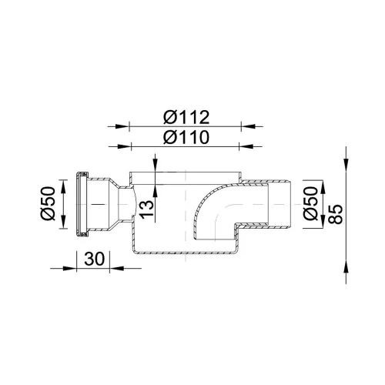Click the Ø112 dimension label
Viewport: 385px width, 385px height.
186,117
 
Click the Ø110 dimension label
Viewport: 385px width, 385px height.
186,137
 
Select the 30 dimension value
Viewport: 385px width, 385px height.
95,259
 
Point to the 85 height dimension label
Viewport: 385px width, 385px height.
336,214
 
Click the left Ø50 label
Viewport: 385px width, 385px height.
48,203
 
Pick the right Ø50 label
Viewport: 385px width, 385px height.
310,203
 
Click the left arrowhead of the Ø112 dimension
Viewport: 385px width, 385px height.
122,126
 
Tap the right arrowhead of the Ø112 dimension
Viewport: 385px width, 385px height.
248,126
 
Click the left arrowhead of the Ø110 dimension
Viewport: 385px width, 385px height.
124,146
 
